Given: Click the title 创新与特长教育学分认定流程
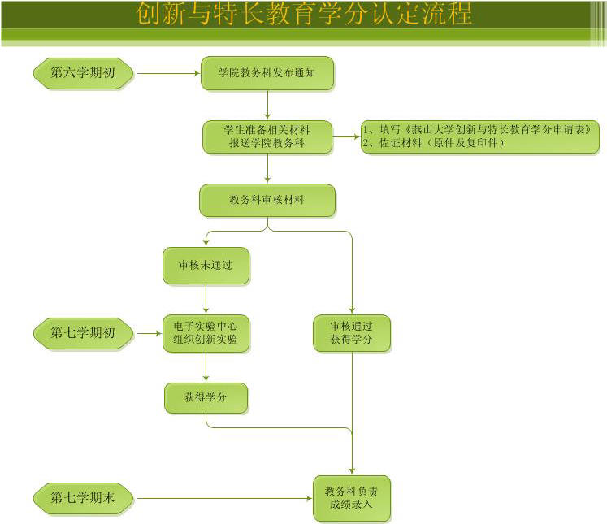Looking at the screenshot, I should click(x=304, y=15).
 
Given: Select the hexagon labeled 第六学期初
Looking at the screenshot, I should click(x=84, y=73).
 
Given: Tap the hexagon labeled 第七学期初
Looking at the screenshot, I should click(x=84, y=333).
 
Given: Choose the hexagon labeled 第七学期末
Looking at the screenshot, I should click(x=84, y=498).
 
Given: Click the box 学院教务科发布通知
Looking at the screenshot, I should click(x=267, y=73).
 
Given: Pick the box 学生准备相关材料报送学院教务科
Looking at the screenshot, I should click(x=267, y=136).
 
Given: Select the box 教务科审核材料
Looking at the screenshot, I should click(x=267, y=200).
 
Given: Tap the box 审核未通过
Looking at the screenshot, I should click(x=206, y=265).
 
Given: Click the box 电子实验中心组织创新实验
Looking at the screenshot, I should click(x=206, y=333).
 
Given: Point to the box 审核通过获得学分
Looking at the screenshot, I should click(x=352, y=333).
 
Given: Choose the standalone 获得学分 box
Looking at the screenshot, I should click(x=206, y=398).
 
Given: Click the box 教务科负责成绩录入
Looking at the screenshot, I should click(x=352, y=498).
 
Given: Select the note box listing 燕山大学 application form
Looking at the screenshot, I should click(x=480, y=136).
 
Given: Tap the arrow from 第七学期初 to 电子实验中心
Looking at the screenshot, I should click(x=148, y=333).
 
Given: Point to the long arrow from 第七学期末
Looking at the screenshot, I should click(x=223, y=498).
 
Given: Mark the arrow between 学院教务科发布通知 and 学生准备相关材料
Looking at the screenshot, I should click(x=267, y=105).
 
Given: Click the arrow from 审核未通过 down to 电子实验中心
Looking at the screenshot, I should click(x=206, y=299).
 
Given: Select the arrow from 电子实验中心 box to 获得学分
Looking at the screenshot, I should click(x=206, y=366).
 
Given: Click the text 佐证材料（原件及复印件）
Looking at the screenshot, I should click(x=435, y=144).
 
